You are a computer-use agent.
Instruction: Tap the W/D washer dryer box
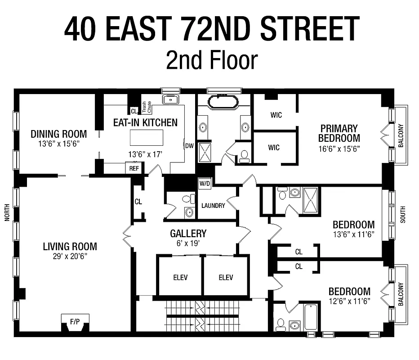[x=205, y=184]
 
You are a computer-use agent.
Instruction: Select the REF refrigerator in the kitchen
[x=134, y=168]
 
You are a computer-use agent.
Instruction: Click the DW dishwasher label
[x=189, y=145]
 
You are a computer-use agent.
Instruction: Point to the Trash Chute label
[x=147, y=107]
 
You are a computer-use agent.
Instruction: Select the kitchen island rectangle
[x=146, y=137]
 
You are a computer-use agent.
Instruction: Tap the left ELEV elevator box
[x=180, y=277]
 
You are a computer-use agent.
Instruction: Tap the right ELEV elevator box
[x=226, y=277]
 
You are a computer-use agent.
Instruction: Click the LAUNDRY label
[x=213, y=206]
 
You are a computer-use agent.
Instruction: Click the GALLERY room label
[x=188, y=234]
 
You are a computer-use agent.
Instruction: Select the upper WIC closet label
[x=276, y=115]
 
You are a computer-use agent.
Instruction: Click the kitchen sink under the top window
[x=170, y=99]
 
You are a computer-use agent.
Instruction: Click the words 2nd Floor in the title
[x=211, y=60]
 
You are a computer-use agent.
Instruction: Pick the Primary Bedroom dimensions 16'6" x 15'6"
[x=339, y=148]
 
